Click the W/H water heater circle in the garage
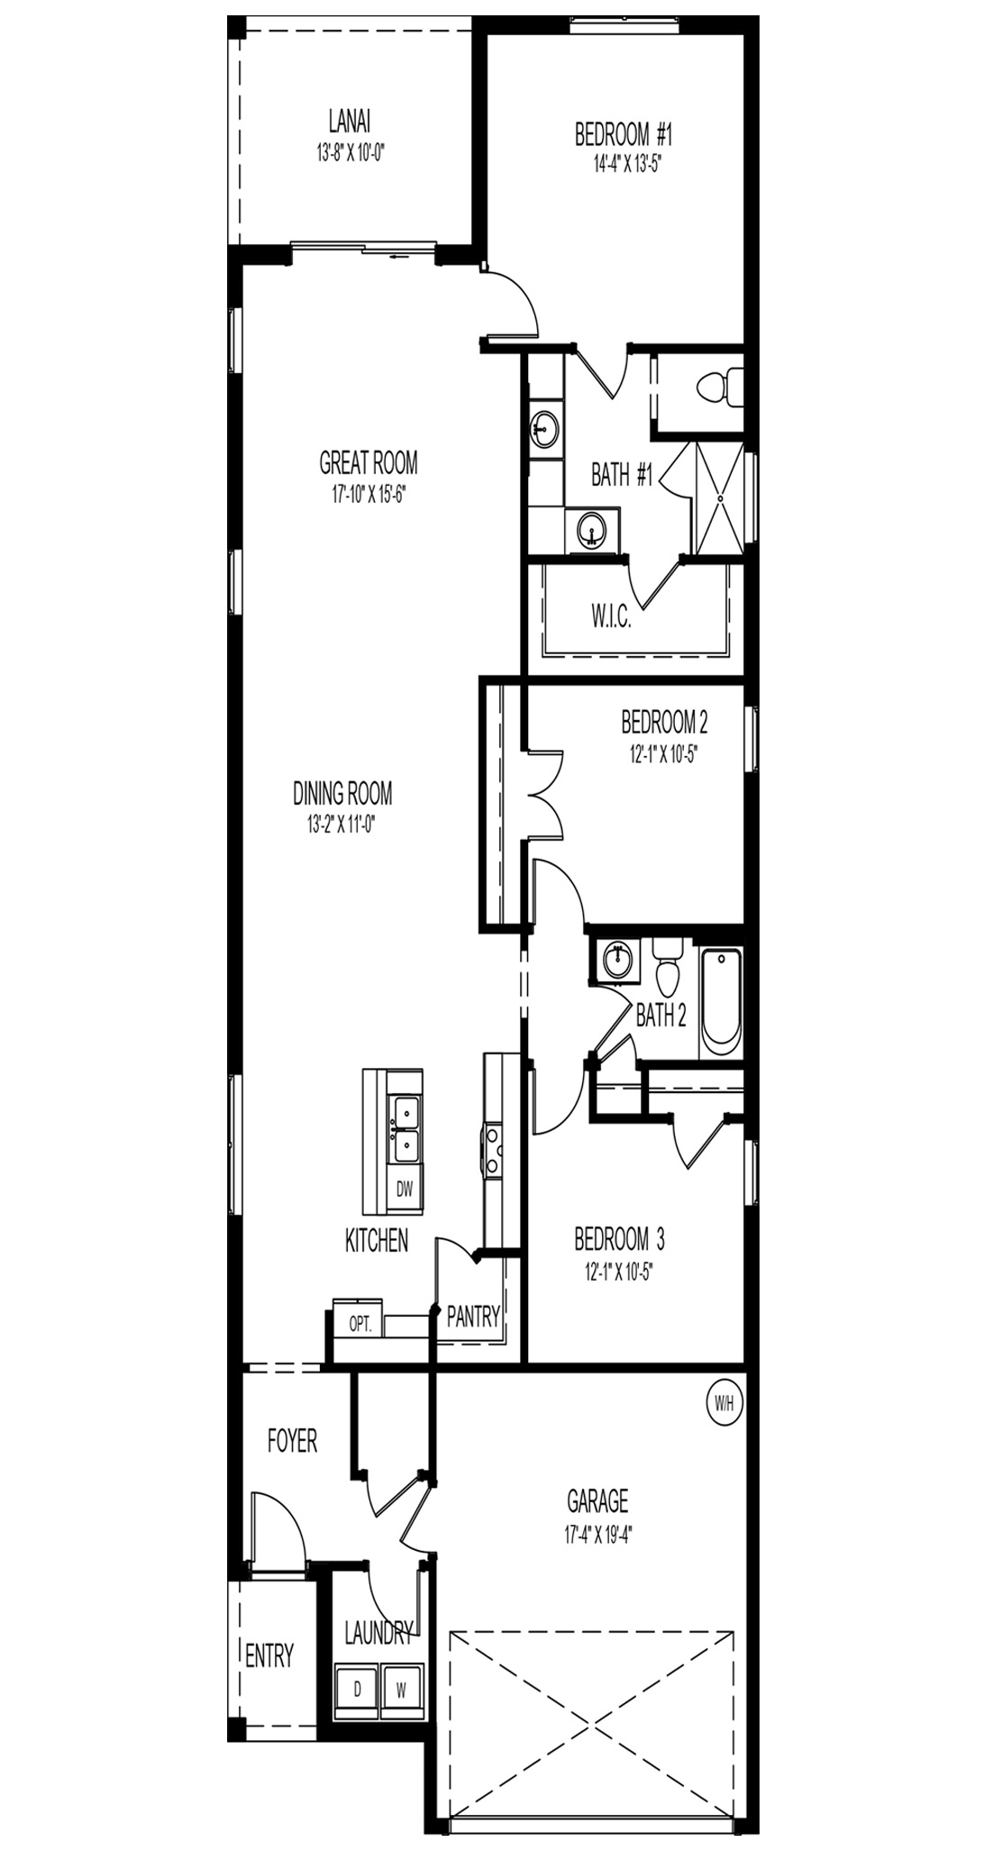(723, 1403)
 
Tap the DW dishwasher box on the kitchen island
(405, 1189)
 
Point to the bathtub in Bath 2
(721, 1001)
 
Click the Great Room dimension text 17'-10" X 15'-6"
(369, 493)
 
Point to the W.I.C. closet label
(611, 620)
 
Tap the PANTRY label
(473, 1317)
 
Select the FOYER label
(293, 1441)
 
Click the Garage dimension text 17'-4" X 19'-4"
(597, 1532)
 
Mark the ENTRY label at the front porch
(269, 1655)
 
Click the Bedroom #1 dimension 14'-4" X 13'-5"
(624, 164)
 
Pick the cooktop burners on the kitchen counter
(493, 1150)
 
